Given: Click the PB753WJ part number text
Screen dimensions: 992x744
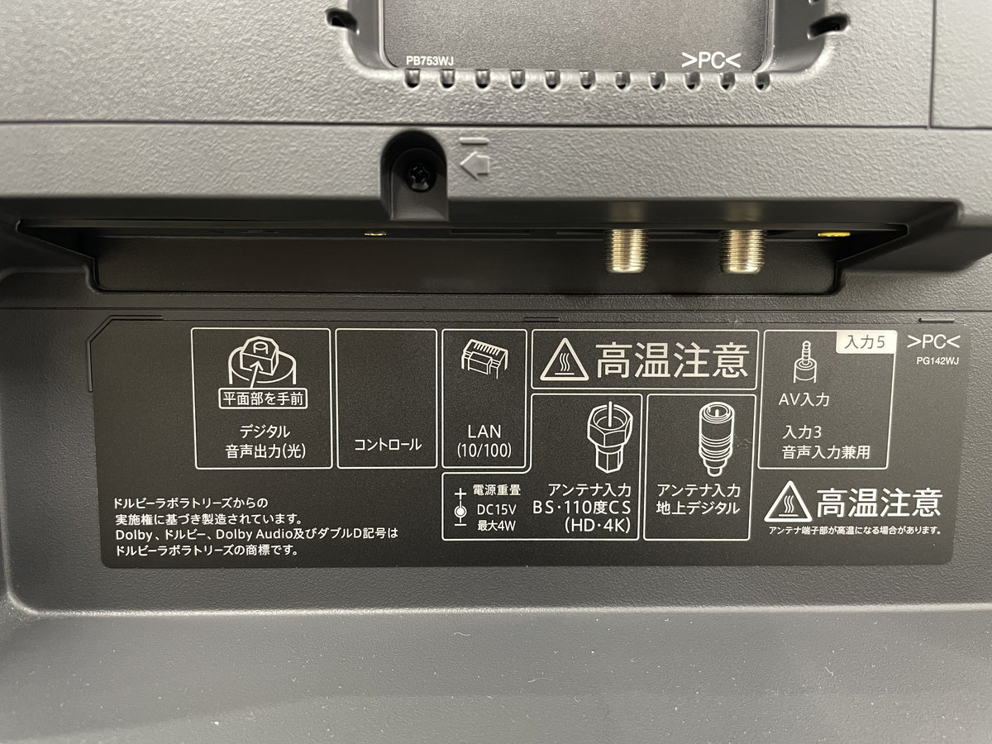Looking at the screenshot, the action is click(x=429, y=61).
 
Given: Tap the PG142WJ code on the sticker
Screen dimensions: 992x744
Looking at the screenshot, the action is click(x=937, y=361).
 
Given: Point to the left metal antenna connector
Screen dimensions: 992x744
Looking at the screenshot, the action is click(x=627, y=250).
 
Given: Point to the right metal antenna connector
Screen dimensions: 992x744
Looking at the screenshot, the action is click(x=742, y=250).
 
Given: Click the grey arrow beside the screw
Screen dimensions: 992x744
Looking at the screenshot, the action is click(x=475, y=163).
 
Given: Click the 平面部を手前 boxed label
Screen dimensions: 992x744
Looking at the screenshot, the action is click(x=263, y=399).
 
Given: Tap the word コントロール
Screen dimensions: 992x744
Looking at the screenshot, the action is click(x=388, y=445).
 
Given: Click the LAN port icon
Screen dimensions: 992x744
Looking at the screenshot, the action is click(x=484, y=359).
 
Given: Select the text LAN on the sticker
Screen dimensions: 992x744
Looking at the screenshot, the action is click(x=484, y=432).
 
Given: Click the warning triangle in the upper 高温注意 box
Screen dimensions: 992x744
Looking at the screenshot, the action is click(x=564, y=360).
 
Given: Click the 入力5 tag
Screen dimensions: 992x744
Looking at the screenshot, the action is click(x=865, y=342).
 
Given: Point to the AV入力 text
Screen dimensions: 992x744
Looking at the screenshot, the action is click(x=804, y=399).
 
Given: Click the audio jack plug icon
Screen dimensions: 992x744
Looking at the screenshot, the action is click(x=805, y=362).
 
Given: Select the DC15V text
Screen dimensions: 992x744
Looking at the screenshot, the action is click(x=496, y=509).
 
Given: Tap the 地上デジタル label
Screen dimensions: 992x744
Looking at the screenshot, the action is click(x=698, y=508).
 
